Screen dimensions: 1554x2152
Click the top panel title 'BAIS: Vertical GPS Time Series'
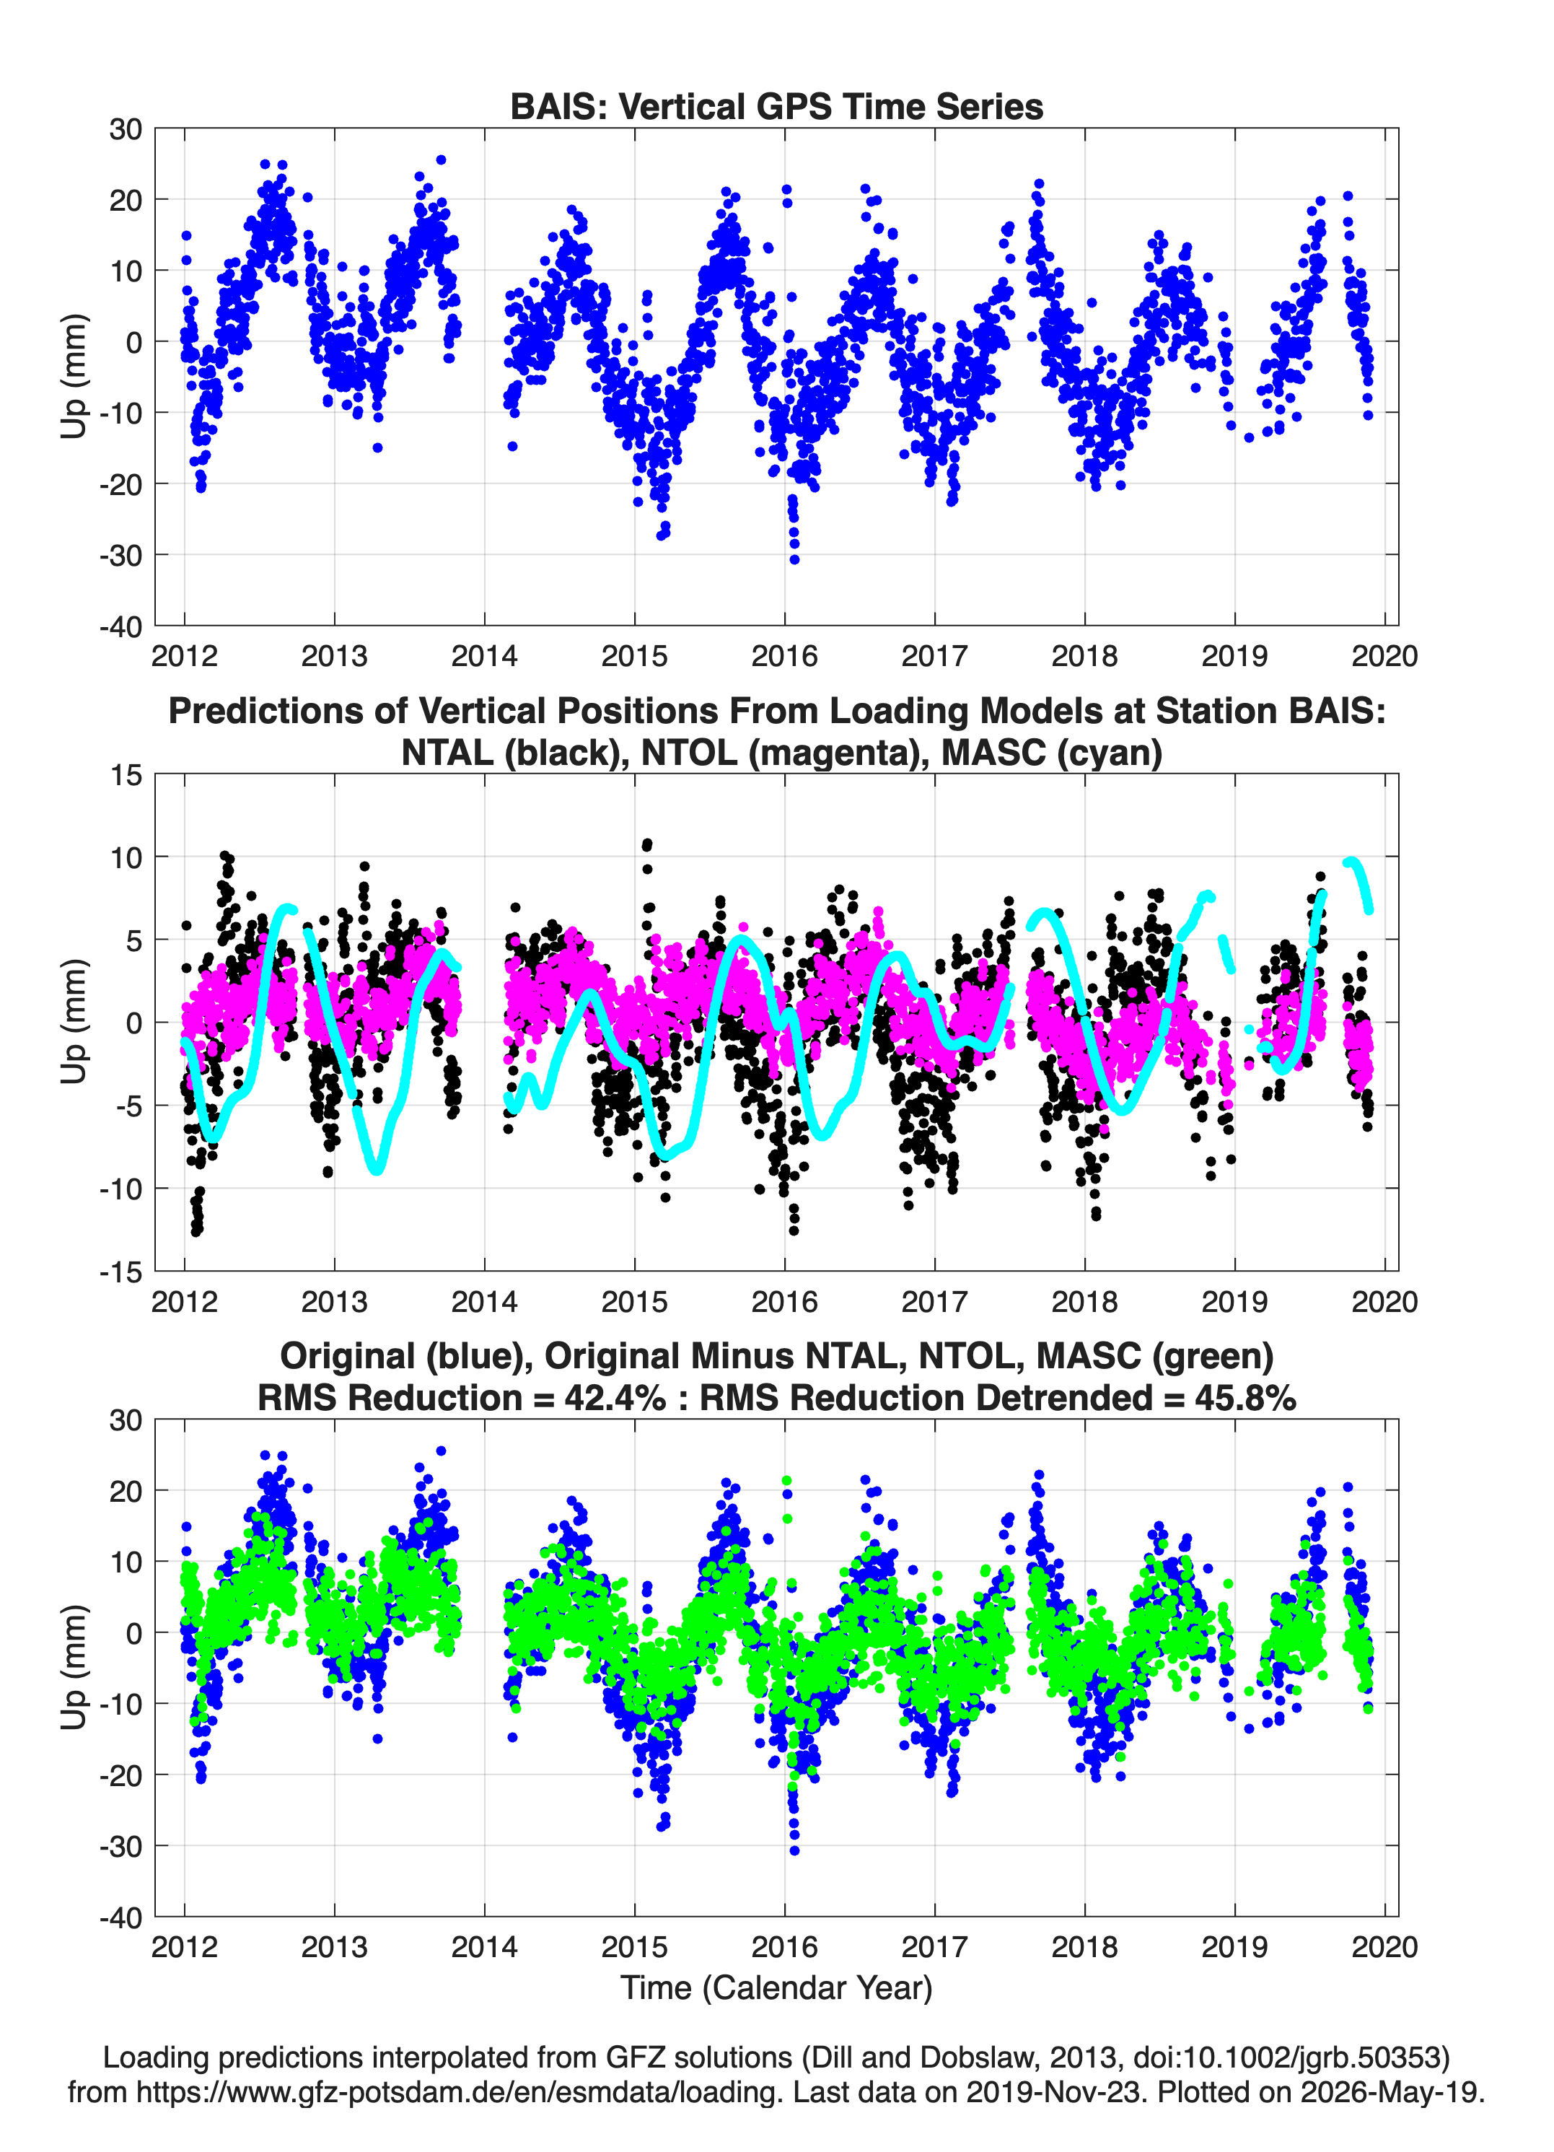(776, 106)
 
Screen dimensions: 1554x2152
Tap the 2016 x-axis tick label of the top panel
(785, 656)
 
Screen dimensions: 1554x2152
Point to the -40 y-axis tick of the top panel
(120, 626)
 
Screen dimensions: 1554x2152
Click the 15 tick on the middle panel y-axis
(126, 774)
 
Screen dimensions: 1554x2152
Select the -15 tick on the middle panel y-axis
(120, 1272)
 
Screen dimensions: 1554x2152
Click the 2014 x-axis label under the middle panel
(485, 1301)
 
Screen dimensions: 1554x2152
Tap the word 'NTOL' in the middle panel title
(690, 753)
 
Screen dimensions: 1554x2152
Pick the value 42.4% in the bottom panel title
(615, 1398)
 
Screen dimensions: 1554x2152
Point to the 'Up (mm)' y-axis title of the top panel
(74, 376)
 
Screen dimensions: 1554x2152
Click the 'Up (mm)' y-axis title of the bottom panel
(74, 1667)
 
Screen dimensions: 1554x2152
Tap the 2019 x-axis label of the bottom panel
(1234, 1947)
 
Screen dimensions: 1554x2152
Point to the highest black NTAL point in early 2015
(647, 843)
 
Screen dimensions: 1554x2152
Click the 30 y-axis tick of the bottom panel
(126, 1420)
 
